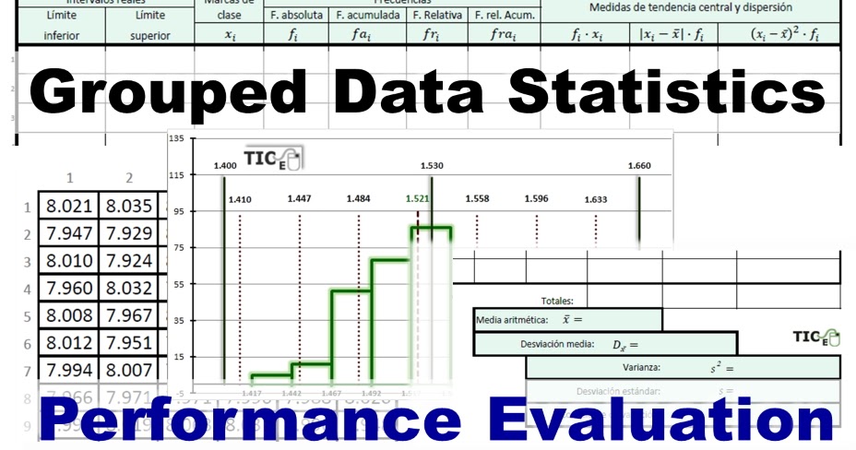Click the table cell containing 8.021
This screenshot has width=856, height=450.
(68, 206)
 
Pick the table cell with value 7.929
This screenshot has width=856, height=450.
(128, 233)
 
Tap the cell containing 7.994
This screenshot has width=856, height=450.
(68, 372)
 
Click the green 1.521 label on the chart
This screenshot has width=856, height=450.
(417, 198)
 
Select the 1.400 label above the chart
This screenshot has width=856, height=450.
(224, 166)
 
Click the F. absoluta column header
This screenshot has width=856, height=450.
(295, 16)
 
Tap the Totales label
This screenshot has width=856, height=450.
(557, 300)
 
